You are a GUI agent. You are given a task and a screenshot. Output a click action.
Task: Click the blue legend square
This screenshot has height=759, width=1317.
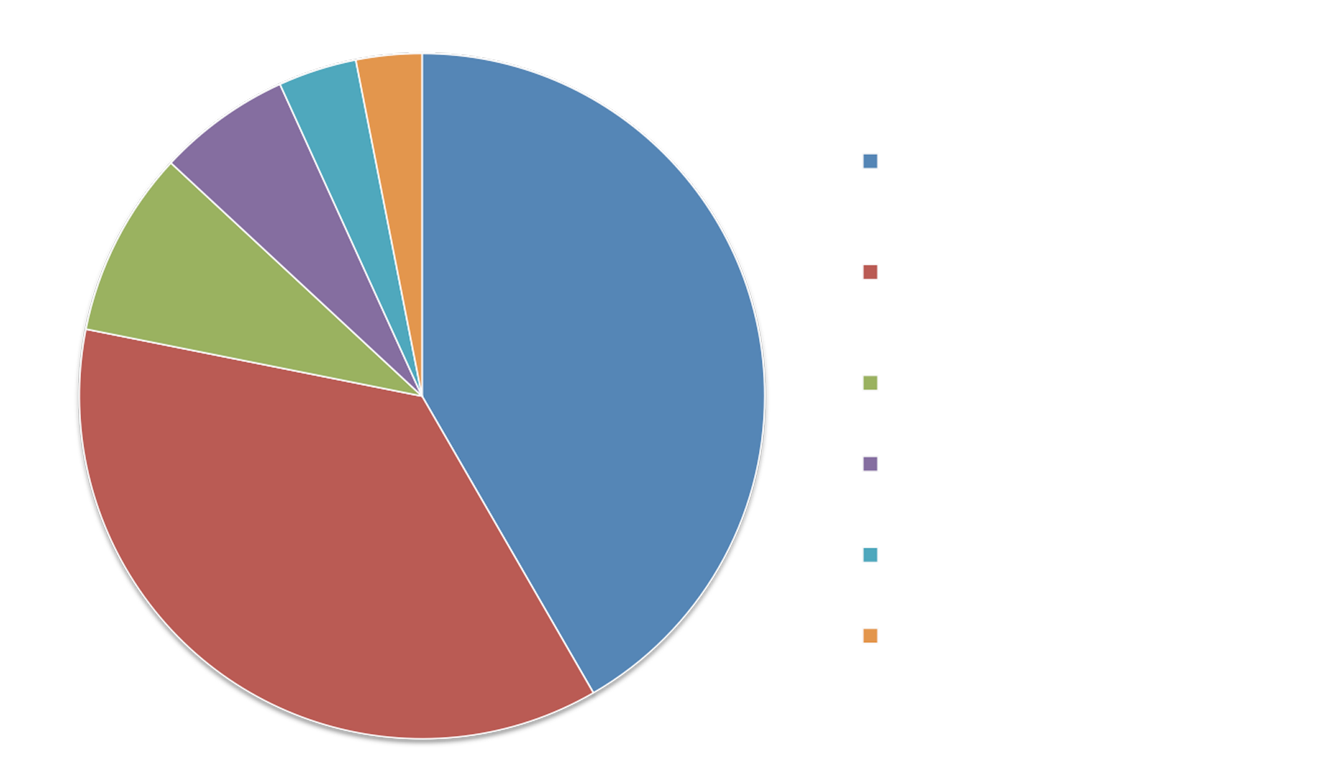[x=870, y=161]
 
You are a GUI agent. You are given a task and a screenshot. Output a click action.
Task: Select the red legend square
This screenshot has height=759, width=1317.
[x=870, y=272]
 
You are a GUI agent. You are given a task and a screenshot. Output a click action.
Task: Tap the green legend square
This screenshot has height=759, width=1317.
[x=870, y=383]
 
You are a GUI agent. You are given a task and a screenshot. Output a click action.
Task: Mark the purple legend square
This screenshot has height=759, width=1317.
[x=870, y=463]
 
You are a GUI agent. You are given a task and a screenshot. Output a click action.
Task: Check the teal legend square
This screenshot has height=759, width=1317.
[x=870, y=555]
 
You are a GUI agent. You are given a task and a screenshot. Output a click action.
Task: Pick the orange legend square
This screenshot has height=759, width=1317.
[x=870, y=636]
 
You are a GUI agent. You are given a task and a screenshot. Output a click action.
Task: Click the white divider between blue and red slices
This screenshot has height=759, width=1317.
[x=508, y=544]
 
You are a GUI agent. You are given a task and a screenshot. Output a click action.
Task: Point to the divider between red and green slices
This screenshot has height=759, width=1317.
[x=253, y=363]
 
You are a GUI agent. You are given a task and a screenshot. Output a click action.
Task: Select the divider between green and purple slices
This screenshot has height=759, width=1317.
[x=296, y=280]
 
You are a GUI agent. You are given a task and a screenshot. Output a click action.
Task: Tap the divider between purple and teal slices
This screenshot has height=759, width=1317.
[x=351, y=240]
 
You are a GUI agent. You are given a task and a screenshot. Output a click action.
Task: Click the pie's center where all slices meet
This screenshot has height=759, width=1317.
[x=422, y=395]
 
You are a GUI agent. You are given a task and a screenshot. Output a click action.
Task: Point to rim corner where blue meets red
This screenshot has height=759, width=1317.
[x=593, y=692]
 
